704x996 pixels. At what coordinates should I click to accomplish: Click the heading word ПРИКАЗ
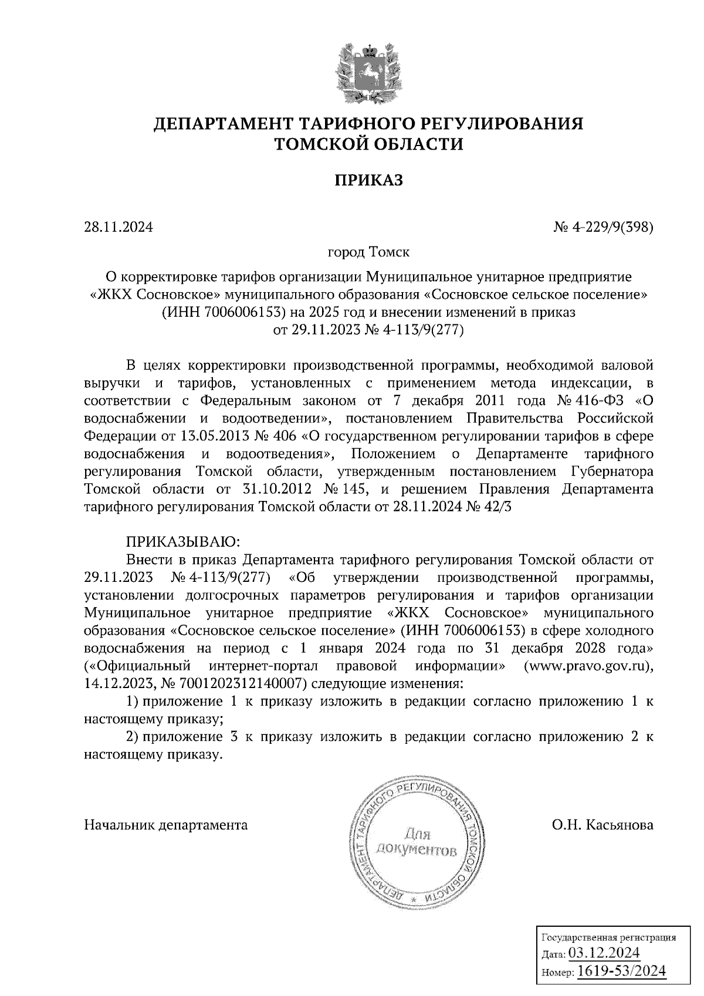point(368,181)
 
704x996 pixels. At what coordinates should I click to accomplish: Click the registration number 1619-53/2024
point(622,971)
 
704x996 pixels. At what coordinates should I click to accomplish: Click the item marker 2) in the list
point(132,737)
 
